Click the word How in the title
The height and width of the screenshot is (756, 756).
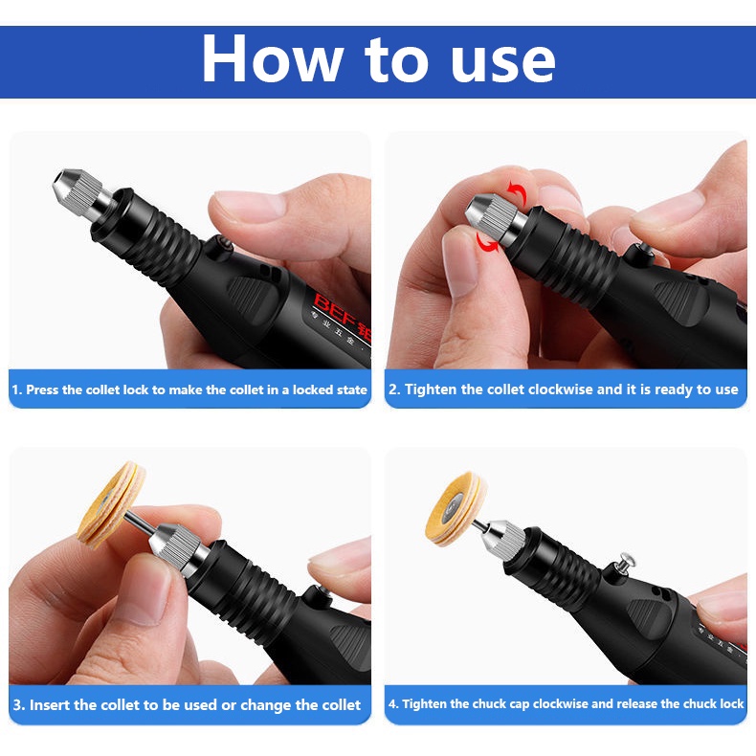273,59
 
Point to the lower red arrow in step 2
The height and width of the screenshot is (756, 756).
487,243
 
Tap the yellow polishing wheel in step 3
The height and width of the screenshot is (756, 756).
111,504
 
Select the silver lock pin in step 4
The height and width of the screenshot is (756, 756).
626,563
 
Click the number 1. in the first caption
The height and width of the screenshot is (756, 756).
17,389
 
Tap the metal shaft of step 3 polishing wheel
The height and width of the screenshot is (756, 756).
140,523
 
